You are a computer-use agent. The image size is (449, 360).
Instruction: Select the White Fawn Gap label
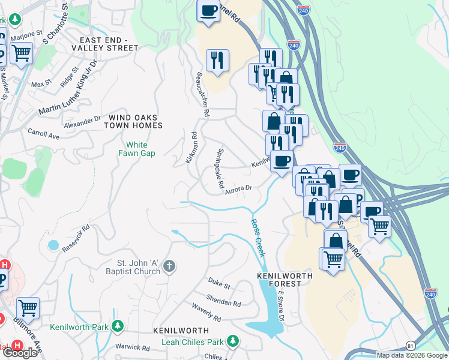(140, 149)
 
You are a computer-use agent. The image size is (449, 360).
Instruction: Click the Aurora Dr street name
(238, 190)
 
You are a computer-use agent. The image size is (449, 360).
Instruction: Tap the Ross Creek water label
(258, 238)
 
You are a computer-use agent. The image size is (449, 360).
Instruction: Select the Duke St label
(219, 283)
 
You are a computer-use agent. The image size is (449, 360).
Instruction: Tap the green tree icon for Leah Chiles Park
(232, 341)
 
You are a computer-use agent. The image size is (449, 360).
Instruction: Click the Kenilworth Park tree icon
(119, 326)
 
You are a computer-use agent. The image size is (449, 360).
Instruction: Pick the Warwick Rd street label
(132, 347)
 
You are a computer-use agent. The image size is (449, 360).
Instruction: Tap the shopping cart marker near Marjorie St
(21, 53)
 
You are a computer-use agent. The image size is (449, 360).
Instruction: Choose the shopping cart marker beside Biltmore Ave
(28, 308)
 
